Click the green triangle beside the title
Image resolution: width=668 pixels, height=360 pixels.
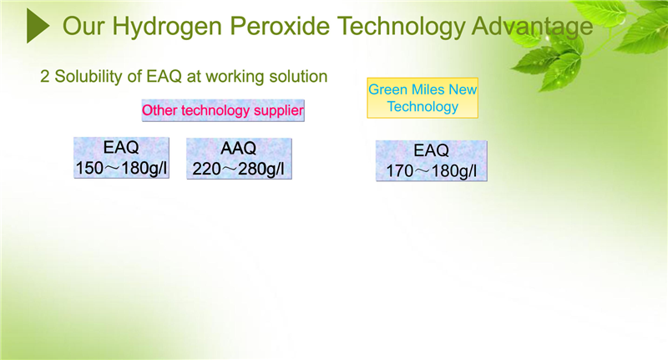coord(38,26)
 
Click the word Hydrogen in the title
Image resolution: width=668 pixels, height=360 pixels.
coord(167,27)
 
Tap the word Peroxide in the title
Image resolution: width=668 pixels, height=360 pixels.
coord(280,26)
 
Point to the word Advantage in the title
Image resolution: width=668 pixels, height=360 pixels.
coord(532,27)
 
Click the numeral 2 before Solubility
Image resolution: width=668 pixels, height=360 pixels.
coord(45,77)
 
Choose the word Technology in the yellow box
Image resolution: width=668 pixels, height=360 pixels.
coord(423,107)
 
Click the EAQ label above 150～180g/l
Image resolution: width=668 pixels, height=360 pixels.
coord(121,147)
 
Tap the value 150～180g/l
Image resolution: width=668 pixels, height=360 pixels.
coord(121,168)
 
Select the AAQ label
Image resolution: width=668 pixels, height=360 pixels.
coord(239,149)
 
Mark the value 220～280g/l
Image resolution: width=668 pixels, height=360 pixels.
coord(239,169)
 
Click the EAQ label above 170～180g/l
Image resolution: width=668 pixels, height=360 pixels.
coord(431,150)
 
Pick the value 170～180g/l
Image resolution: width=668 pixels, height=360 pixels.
coord(431,171)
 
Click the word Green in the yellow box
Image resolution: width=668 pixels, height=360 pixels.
coord(385,89)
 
